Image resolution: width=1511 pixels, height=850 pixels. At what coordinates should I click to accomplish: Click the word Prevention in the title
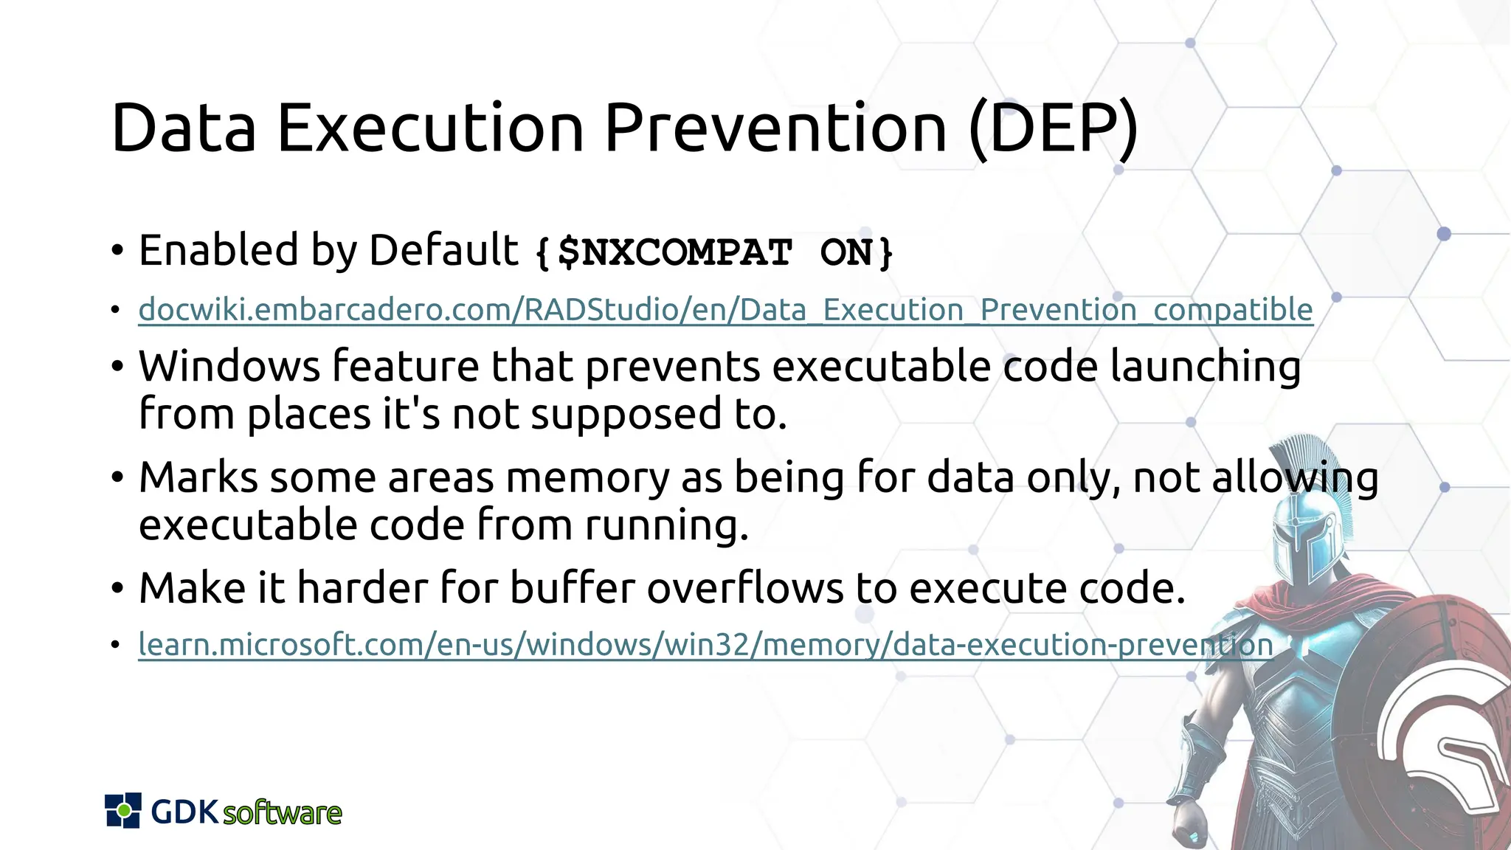[775, 128]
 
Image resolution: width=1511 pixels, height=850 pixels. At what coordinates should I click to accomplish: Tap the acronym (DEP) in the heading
[1054, 128]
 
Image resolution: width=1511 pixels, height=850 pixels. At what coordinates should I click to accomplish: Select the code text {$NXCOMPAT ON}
[714, 252]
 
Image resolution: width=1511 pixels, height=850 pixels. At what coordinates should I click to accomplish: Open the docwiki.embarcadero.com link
[725, 310]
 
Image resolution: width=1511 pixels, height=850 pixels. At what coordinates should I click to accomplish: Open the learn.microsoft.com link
[705, 645]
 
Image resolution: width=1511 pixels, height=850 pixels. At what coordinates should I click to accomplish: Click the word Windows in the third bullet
[229, 366]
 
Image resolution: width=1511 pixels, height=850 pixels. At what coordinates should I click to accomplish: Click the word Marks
[198, 477]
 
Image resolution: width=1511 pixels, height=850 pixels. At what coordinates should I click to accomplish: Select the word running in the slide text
[666, 526]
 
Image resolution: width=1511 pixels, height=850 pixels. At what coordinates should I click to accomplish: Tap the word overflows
[744, 588]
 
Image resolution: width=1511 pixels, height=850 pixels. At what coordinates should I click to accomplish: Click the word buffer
[572, 588]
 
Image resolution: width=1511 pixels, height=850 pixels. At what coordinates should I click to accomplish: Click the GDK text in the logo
[184, 812]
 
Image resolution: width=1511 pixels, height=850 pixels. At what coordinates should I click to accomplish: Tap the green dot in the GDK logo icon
[124, 811]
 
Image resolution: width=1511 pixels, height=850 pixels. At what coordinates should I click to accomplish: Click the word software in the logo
[282, 813]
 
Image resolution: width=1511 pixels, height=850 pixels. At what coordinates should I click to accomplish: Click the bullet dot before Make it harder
[117, 589]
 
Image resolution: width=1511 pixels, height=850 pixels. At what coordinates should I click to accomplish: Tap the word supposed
[626, 415]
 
